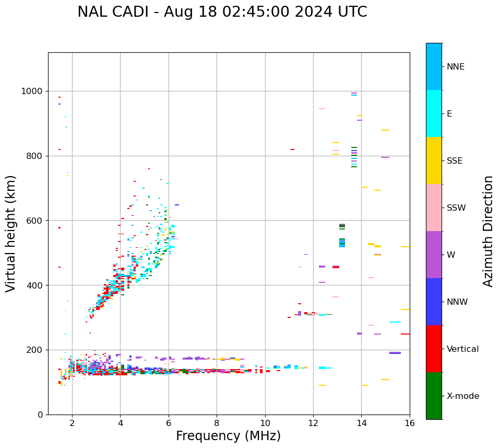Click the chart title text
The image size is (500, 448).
pyautogui.click(x=222, y=12)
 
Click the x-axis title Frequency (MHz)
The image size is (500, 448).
pyautogui.click(x=228, y=436)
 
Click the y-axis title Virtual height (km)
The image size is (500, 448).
pyautogui.click(x=11, y=233)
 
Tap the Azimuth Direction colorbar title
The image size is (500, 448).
pyautogui.click(x=488, y=231)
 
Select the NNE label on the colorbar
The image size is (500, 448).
pyautogui.click(x=455, y=67)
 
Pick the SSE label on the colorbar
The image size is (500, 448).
pyautogui.click(x=454, y=161)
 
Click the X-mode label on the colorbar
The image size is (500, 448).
pyautogui.click(x=462, y=396)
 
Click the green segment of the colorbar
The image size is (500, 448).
pyautogui.click(x=434, y=396)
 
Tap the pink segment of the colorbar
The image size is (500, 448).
pyautogui.click(x=434, y=208)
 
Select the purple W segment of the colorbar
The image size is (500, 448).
pyautogui.click(x=434, y=255)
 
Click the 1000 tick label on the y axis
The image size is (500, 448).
pyautogui.click(x=32, y=91)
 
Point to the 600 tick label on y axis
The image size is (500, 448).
pyautogui.click(x=35, y=221)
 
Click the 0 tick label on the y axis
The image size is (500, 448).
pyautogui.click(x=40, y=415)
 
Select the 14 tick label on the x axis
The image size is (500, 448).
pyautogui.click(x=362, y=423)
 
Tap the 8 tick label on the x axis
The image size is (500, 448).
pyautogui.click(x=217, y=423)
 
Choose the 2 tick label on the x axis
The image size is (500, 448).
pyautogui.click(x=72, y=423)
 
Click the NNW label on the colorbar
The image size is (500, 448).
pyautogui.click(x=457, y=302)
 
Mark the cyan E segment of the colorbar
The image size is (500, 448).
pyautogui.click(x=434, y=113)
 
